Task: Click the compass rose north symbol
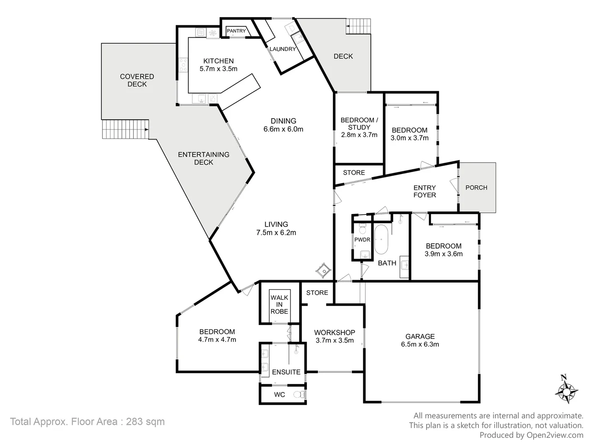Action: pyautogui.click(x=566, y=389)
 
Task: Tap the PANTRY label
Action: pyautogui.click(x=236, y=31)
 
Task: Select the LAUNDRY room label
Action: pyautogui.click(x=283, y=49)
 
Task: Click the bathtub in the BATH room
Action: pyautogui.click(x=381, y=239)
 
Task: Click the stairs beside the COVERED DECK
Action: pyautogui.click(x=125, y=129)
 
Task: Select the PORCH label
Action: pyautogui.click(x=476, y=187)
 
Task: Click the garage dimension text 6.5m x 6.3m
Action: pyautogui.click(x=420, y=344)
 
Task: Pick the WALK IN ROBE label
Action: pyautogui.click(x=279, y=304)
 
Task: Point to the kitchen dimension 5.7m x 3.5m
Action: pyautogui.click(x=218, y=69)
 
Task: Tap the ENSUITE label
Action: pyautogui.click(x=286, y=372)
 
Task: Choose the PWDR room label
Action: pyautogui.click(x=362, y=240)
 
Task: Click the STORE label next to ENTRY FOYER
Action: pyautogui.click(x=354, y=173)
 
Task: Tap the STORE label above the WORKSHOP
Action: pyautogui.click(x=317, y=293)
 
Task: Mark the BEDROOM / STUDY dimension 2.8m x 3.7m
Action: pyautogui.click(x=359, y=135)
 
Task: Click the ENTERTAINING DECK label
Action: pyautogui.click(x=204, y=158)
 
